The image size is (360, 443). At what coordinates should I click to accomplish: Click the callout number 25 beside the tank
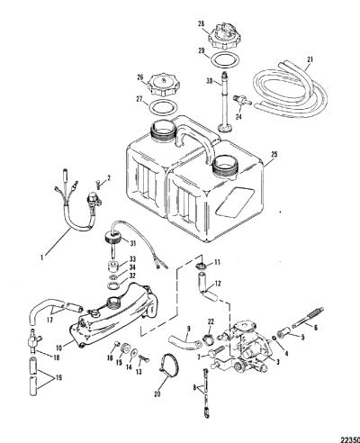pos(274,154)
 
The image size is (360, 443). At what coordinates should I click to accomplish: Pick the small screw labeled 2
pos(99,184)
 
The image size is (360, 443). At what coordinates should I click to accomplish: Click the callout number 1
pos(42,258)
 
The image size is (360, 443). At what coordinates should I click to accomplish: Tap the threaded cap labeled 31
pos(113,240)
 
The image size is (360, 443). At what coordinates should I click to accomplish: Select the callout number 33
pos(132,259)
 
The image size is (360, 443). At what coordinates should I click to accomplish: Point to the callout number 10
pos(58,348)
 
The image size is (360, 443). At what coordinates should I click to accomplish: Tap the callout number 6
pos(315,328)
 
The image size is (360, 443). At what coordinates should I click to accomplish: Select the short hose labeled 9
pos(184,342)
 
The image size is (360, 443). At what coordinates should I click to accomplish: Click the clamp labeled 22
pos(209,339)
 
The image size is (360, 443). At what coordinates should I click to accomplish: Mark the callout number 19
pos(58,377)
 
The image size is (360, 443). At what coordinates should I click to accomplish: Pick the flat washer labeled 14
pos(134,353)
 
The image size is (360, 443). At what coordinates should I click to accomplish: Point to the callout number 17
pos(49,321)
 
